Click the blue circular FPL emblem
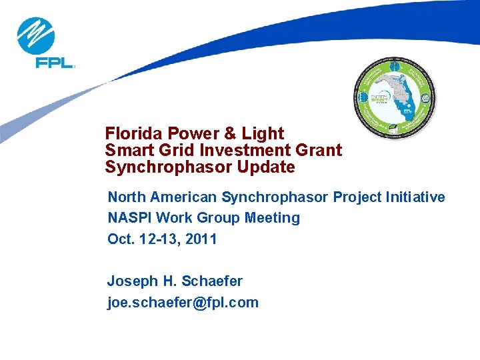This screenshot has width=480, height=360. pyautogui.click(x=35, y=36)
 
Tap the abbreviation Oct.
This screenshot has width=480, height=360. pyautogui.click(x=121, y=239)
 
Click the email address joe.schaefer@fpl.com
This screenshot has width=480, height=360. pyautogui.click(x=183, y=303)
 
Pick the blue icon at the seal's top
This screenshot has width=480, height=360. pyautogui.click(x=395, y=65)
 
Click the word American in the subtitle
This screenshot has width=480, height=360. pyautogui.click(x=185, y=197)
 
